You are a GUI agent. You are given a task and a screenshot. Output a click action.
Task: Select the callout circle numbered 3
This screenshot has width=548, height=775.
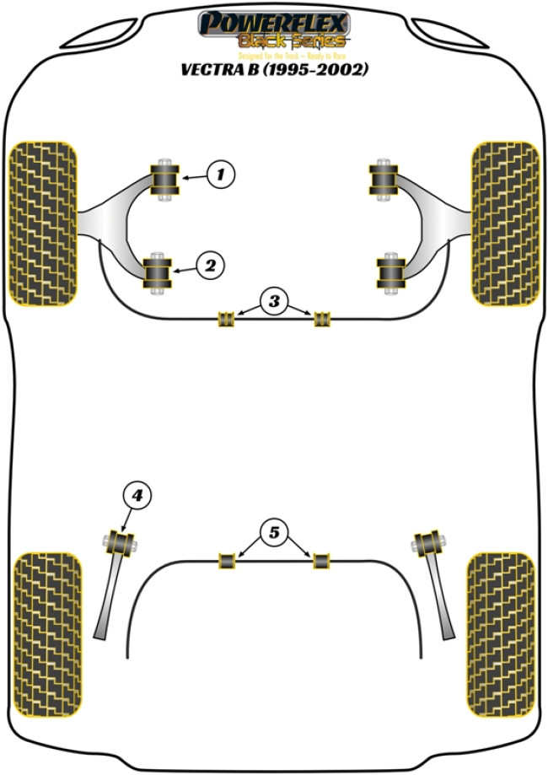(273, 301)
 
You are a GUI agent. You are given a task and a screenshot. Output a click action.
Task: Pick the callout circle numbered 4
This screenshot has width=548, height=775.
(138, 496)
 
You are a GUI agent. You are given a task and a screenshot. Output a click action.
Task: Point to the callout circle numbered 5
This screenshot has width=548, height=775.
(273, 532)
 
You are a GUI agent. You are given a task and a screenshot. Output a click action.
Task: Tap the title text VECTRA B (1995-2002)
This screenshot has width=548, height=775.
(273, 70)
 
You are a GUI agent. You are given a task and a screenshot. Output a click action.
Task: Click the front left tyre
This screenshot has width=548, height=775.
(43, 223)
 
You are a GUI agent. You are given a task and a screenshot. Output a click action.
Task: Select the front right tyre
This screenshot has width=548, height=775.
(504, 223)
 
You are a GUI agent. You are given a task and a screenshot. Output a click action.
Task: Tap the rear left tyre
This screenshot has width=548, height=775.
(49, 633)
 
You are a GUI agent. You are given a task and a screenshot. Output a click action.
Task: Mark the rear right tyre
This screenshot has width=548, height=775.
(501, 633)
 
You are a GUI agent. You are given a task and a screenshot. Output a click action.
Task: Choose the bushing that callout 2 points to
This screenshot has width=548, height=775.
(157, 272)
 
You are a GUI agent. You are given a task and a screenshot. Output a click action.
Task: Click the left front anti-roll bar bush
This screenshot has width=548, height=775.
(225, 319)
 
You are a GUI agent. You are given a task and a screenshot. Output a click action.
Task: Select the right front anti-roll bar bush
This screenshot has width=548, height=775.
(321, 319)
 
